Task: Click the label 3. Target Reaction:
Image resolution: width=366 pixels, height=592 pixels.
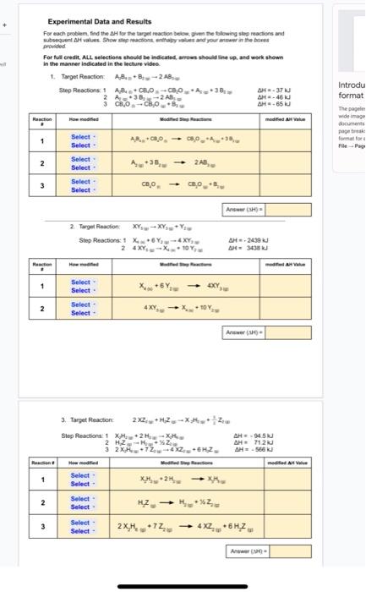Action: [x=87, y=419]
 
